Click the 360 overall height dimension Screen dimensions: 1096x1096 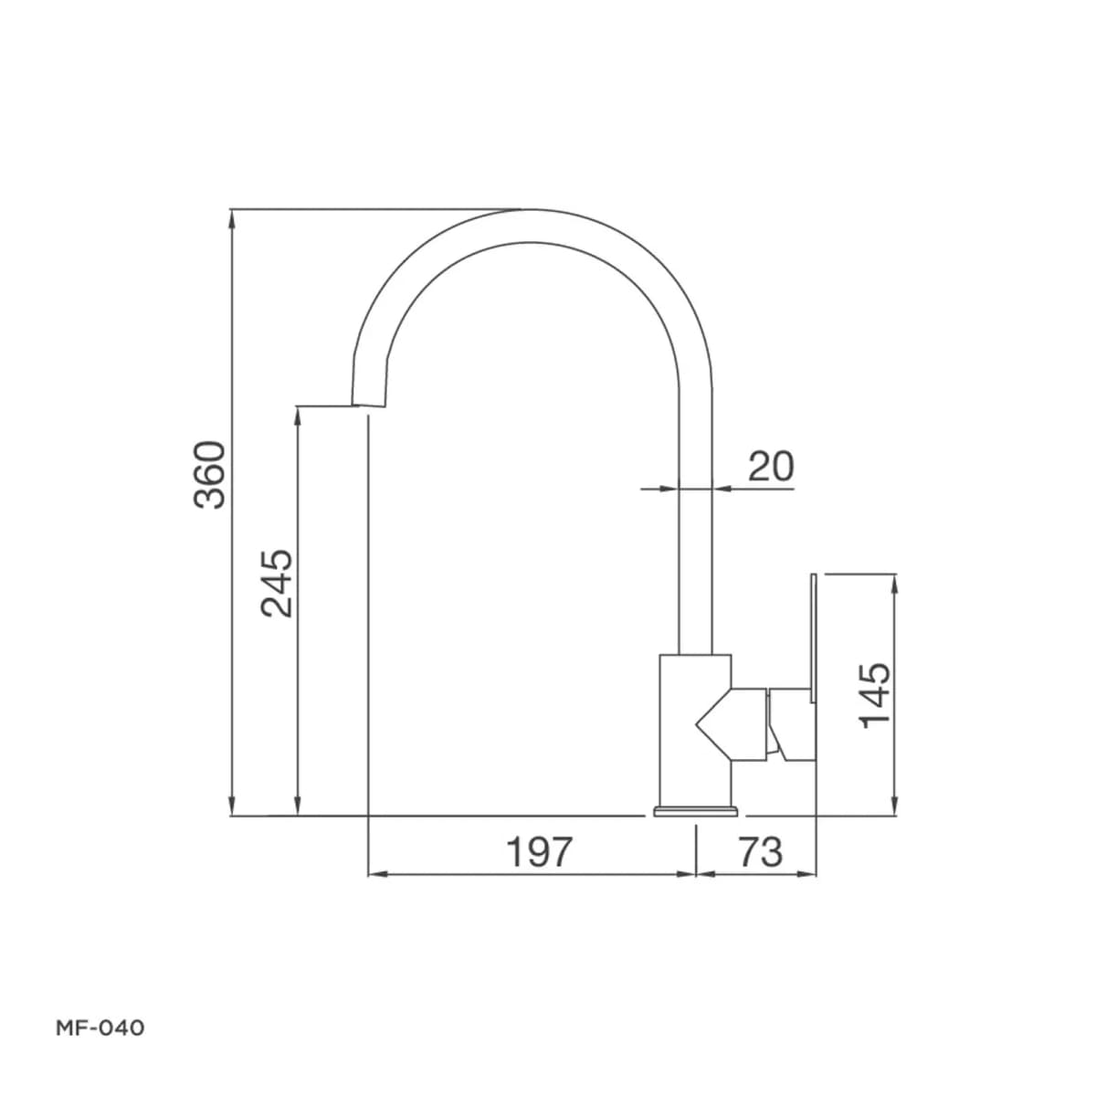(x=209, y=474)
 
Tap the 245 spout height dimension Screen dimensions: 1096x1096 (x=277, y=583)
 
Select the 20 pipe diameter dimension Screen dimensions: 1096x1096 (x=770, y=467)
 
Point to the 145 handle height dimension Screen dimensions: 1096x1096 (x=875, y=695)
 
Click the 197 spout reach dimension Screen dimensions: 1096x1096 (x=539, y=852)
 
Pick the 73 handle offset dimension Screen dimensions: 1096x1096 (x=761, y=852)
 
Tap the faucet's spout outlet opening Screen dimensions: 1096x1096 (x=368, y=406)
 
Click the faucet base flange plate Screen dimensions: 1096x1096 (x=695, y=811)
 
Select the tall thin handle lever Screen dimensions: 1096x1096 (x=814, y=638)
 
